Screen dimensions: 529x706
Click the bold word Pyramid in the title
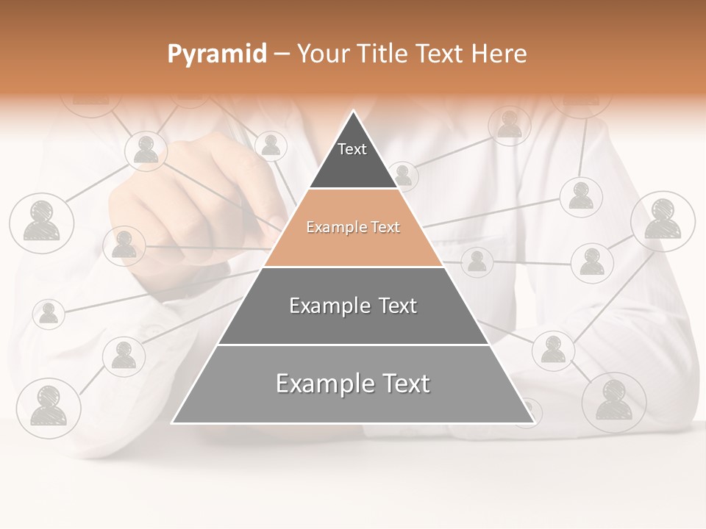tap(217, 54)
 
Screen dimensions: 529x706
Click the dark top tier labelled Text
tap(352, 158)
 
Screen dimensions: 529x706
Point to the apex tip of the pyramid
tap(354, 112)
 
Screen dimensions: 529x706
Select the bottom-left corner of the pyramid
tap(174, 422)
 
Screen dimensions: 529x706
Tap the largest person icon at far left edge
tap(41, 223)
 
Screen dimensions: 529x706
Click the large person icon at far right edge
tap(663, 221)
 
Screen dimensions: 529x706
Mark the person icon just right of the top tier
tap(403, 176)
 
